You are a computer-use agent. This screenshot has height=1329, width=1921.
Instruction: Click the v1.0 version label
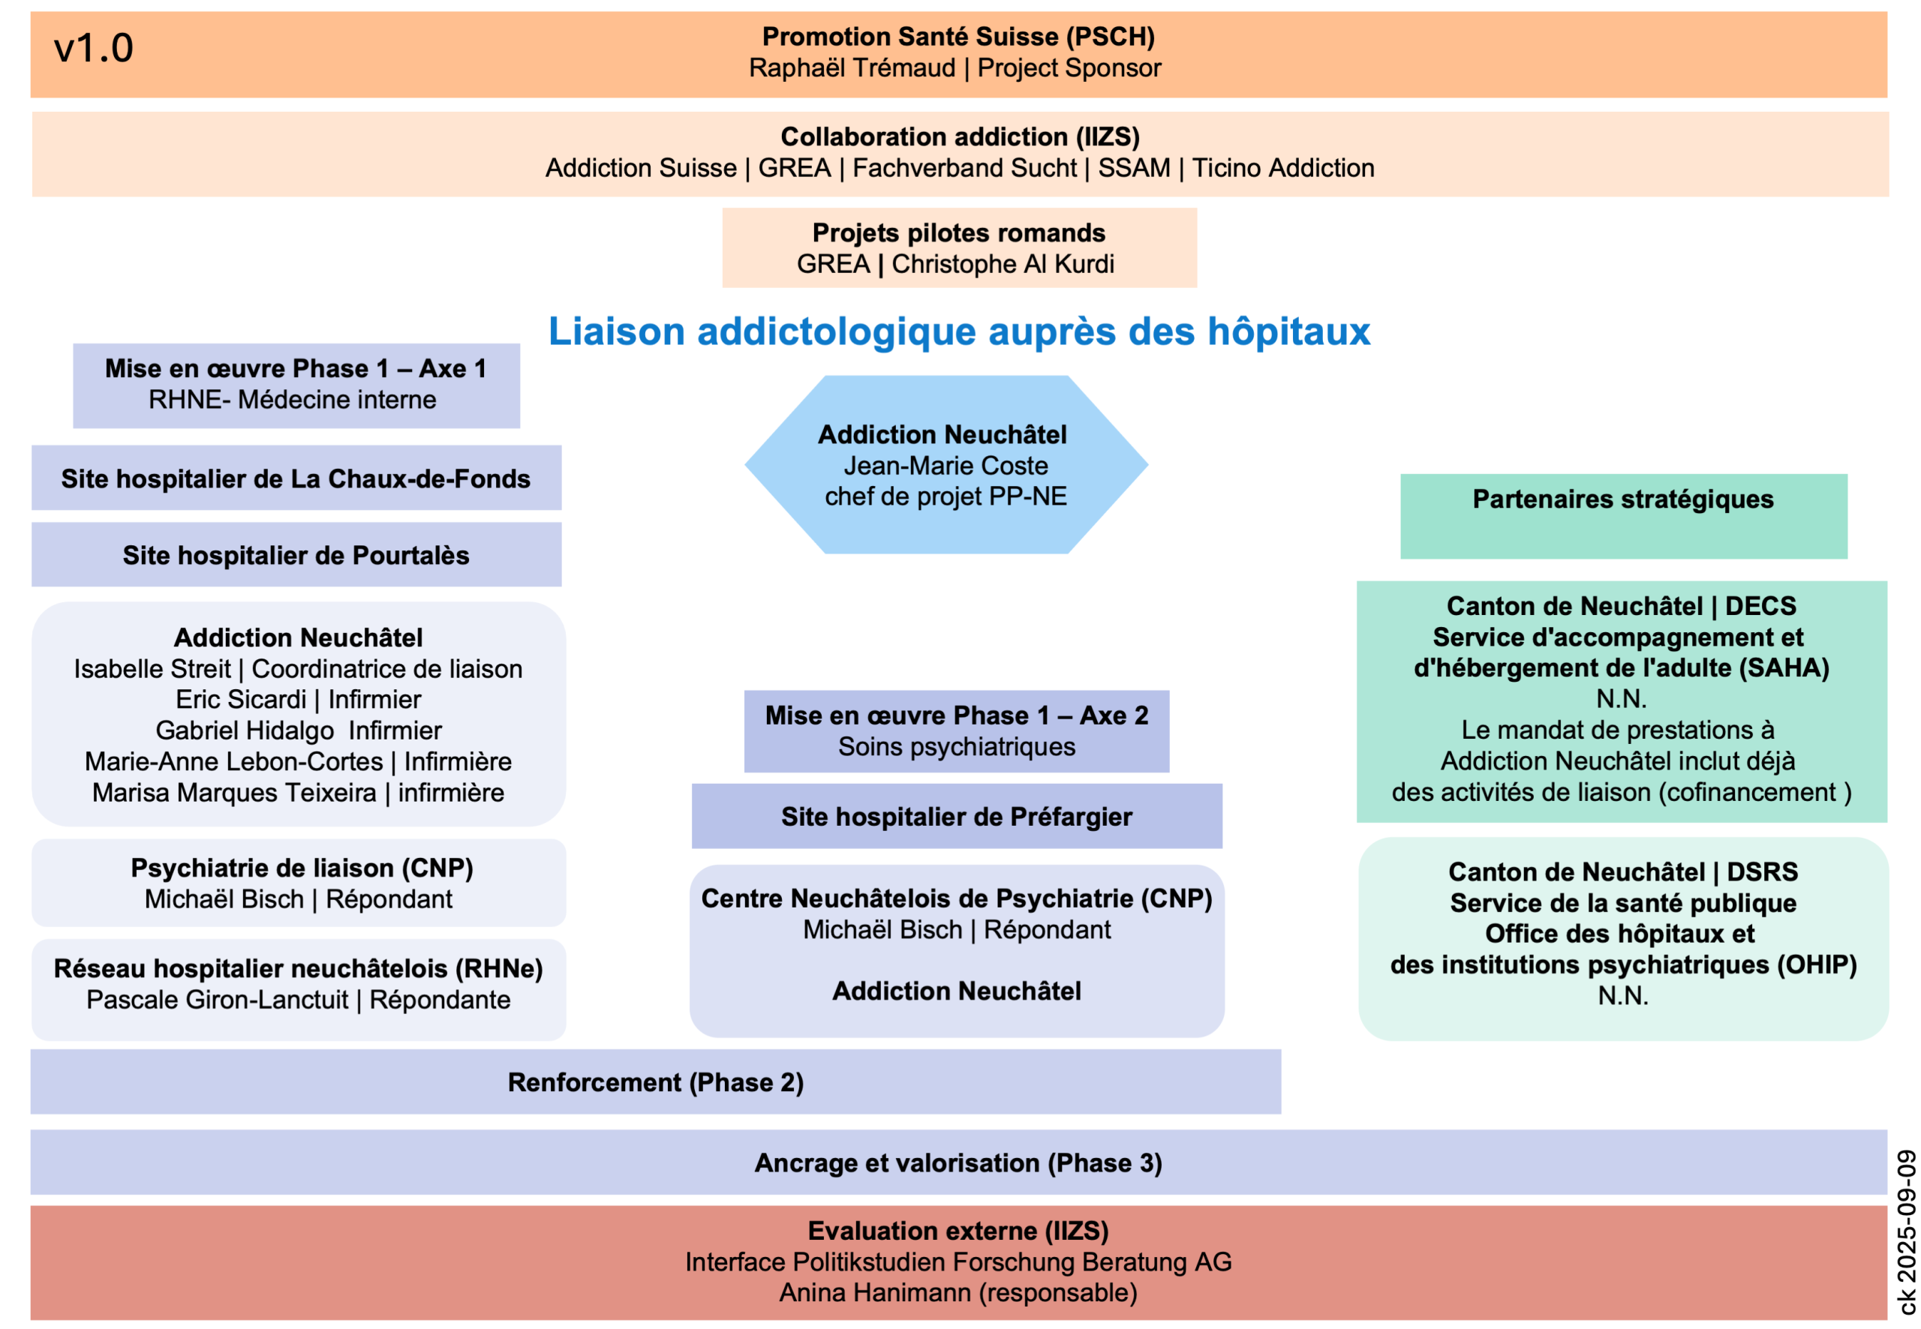click(93, 48)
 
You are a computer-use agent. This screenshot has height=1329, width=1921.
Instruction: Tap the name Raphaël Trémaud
click(852, 68)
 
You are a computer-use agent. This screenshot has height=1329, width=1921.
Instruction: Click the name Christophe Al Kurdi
click(1003, 264)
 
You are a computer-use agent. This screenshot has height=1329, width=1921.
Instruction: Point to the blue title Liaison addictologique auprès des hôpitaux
click(959, 331)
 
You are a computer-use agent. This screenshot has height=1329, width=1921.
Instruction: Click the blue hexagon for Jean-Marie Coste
click(945, 465)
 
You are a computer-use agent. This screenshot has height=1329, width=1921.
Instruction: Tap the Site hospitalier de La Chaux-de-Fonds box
click(296, 478)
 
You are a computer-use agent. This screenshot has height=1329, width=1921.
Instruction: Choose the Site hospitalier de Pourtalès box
click(296, 556)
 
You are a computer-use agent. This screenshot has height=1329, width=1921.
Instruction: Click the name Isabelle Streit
click(152, 669)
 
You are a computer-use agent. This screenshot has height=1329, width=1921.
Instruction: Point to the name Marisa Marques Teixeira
click(234, 793)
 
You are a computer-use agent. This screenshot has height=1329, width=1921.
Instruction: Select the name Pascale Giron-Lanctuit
click(217, 999)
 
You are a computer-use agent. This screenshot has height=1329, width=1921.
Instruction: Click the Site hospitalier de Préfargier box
click(956, 817)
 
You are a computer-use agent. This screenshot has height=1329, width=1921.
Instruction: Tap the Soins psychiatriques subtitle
click(956, 747)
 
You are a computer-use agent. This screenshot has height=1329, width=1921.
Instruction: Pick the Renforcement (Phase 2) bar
click(656, 1082)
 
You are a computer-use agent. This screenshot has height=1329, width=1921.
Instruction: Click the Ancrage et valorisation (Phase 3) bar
click(958, 1163)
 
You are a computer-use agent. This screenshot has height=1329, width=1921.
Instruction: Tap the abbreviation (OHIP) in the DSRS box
click(1817, 965)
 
